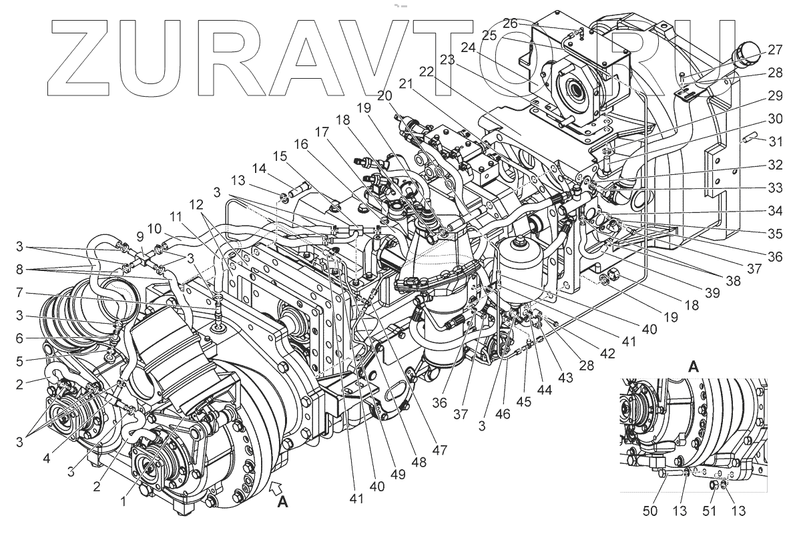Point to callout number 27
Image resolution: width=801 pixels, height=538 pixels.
(774, 49)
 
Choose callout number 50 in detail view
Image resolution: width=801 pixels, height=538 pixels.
(651, 511)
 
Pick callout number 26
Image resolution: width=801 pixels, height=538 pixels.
(511, 23)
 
